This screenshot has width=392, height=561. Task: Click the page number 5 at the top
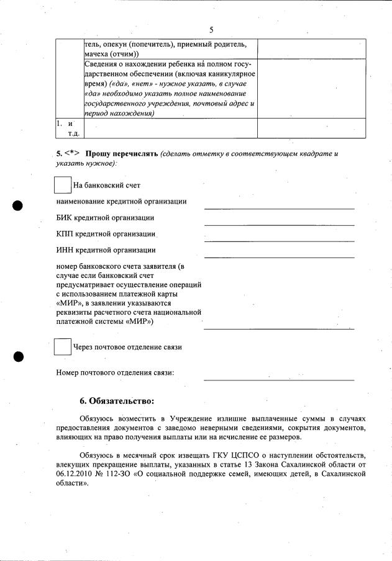[x=211, y=30]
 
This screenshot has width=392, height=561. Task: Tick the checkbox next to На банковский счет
[x=63, y=185]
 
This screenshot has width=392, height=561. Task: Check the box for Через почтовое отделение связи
[x=63, y=347]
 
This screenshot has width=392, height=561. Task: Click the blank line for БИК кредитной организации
[x=279, y=223]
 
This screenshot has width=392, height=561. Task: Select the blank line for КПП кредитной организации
[x=279, y=240]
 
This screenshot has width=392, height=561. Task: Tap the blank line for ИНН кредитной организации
[x=279, y=256]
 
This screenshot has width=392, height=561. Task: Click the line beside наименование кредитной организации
[x=279, y=207]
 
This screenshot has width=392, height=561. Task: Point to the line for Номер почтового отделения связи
[x=279, y=378]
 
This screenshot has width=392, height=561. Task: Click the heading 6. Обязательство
[x=116, y=401]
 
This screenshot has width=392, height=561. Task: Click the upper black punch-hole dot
[x=17, y=206]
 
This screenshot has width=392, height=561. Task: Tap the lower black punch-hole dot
[x=17, y=356]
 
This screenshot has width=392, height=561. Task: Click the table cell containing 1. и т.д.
[x=69, y=128]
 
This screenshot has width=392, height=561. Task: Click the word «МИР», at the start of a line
[x=67, y=303]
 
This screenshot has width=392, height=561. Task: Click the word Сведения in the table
[x=103, y=63]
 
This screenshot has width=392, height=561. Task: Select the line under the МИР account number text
[x=279, y=328]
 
